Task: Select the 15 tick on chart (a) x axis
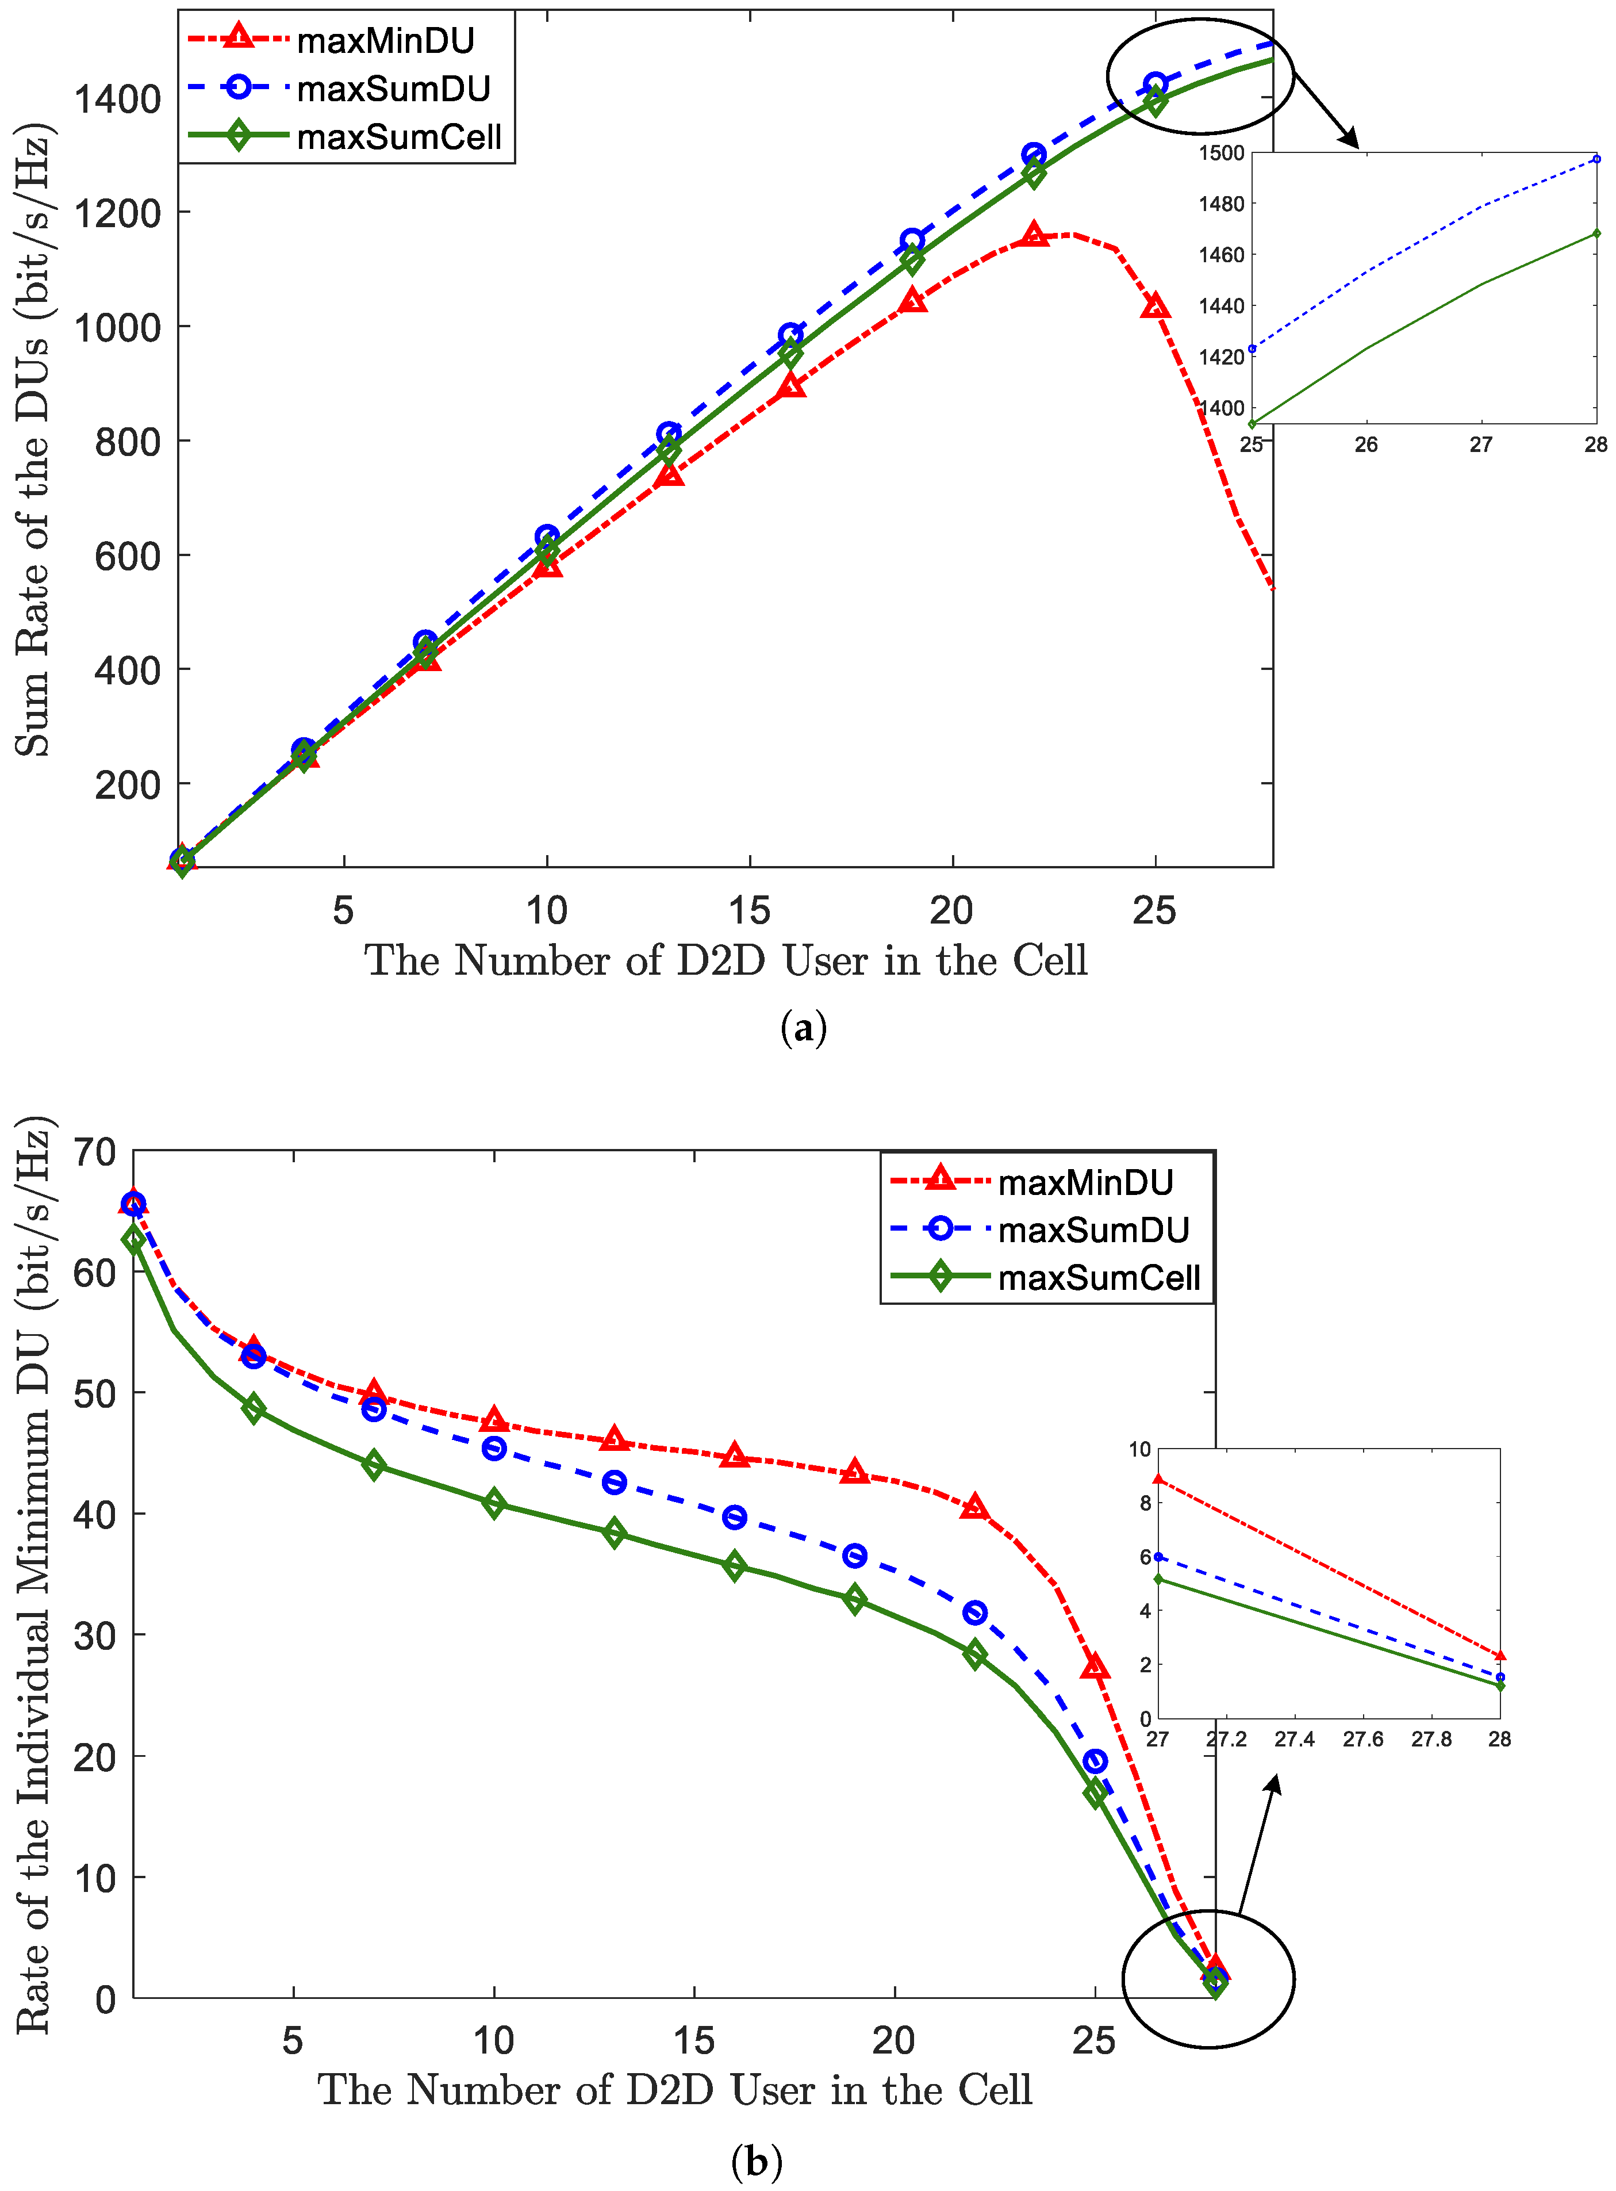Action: (x=749, y=911)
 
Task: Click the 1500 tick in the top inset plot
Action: (x=1221, y=152)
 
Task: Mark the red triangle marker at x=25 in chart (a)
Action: (x=1156, y=307)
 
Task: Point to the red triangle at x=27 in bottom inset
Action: (x=1158, y=1478)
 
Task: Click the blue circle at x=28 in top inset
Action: (x=1596, y=159)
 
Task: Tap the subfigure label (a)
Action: (x=804, y=1028)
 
